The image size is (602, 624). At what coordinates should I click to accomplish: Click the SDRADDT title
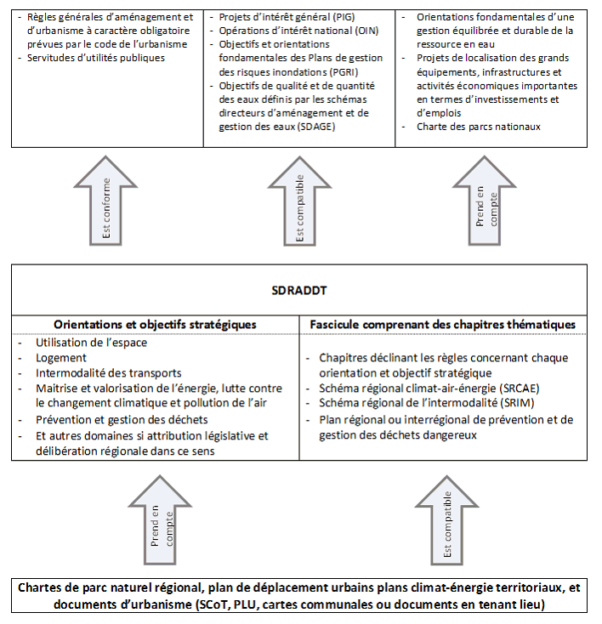pyautogui.click(x=298, y=290)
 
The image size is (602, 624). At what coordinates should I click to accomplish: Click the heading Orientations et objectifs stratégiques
pyautogui.click(x=155, y=325)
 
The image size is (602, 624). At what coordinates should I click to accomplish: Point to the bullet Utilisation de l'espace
pyautogui.click(x=91, y=343)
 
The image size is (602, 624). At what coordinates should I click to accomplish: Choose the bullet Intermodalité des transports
pyautogui.click(x=109, y=373)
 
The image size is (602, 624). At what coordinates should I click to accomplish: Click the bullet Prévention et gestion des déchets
pyautogui.click(x=122, y=420)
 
